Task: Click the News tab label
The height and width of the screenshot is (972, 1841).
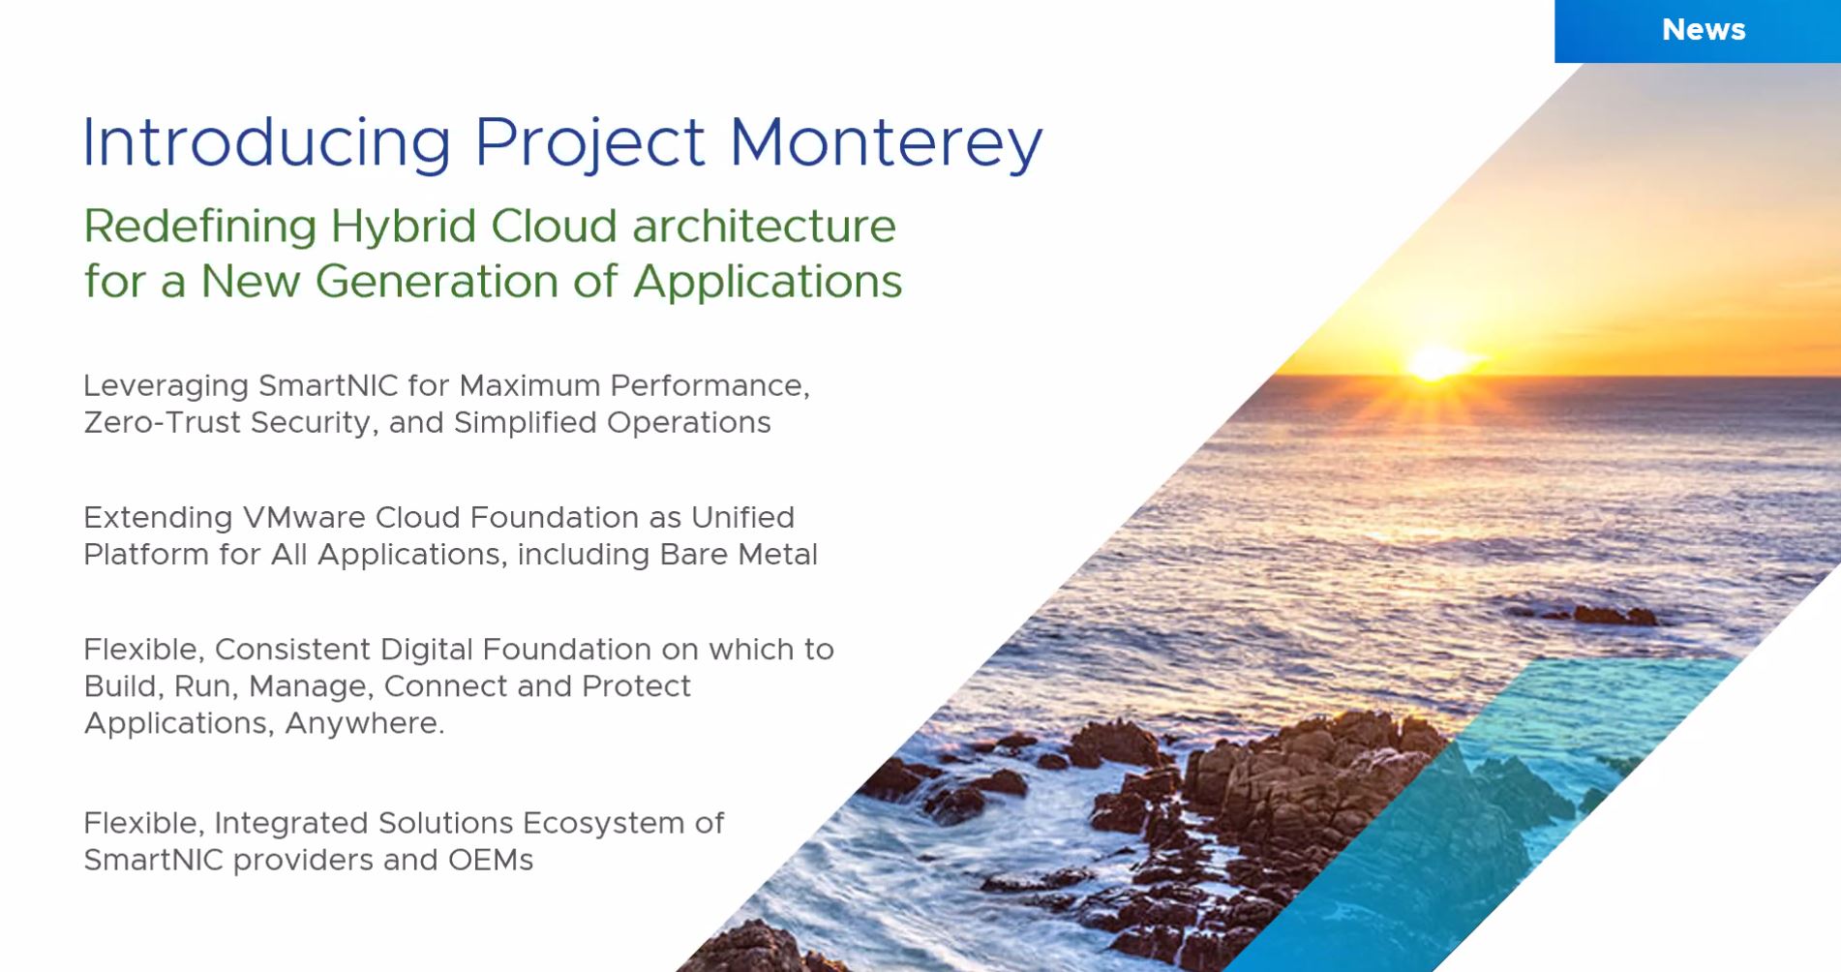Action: (1704, 30)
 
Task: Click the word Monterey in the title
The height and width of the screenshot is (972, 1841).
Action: (886, 143)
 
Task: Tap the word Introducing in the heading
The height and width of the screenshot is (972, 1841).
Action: (267, 143)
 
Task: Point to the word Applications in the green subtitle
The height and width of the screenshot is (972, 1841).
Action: (768, 283)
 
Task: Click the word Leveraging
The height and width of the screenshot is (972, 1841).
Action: (166, 387)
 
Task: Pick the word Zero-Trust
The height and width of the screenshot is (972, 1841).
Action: (163, 422)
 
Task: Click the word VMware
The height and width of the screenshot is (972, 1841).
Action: (304, 517)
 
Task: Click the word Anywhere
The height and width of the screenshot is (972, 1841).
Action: (365, 723)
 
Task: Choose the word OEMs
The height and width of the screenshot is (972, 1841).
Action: (490, 860)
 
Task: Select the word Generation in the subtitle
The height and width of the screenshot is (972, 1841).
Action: (438, 283)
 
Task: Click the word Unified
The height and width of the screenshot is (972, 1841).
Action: (742, 517)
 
